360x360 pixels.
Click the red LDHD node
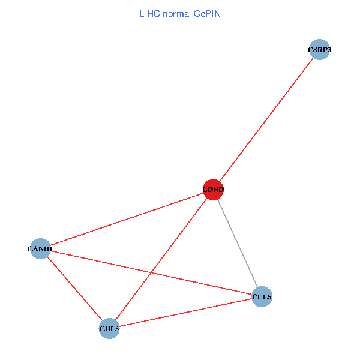pyautogui.click(x=213, y=190)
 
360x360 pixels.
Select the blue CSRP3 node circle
pyautogui.click(x=320, y=50)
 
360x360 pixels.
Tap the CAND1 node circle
pyautogui.click(x=40, y=248)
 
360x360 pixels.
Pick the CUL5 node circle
pyautogui.click(x=262, y=296)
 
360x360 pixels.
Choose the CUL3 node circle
pyautogui.click(x=109, y=328)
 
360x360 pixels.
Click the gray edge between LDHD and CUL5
pyautogui.click(x=238, y=243)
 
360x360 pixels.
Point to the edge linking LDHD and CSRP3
pyautogui.click(x=266, y=120)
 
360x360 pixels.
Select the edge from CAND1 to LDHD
pyautogui.click(x=127, y=219)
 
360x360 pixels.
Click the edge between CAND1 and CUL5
pyautogui.click(x=198, y=283)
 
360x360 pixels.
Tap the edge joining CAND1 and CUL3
pyautogui.click(x=75, y=289)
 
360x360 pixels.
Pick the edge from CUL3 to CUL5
pyautogui.click(x=185, y=312)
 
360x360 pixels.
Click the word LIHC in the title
pyautogui.click(x=148, y=13)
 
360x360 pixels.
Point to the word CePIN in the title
pyautogui.click(x=207, y=13)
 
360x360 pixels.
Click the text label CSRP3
pyautogui.click(x=320, y=50)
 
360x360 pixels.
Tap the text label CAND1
pyautogui.click(x=40, y=248)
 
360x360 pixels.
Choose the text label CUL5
pyautogui.click(x=262, y=296)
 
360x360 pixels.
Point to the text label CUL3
pyautogui.click(x=109, y=328)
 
